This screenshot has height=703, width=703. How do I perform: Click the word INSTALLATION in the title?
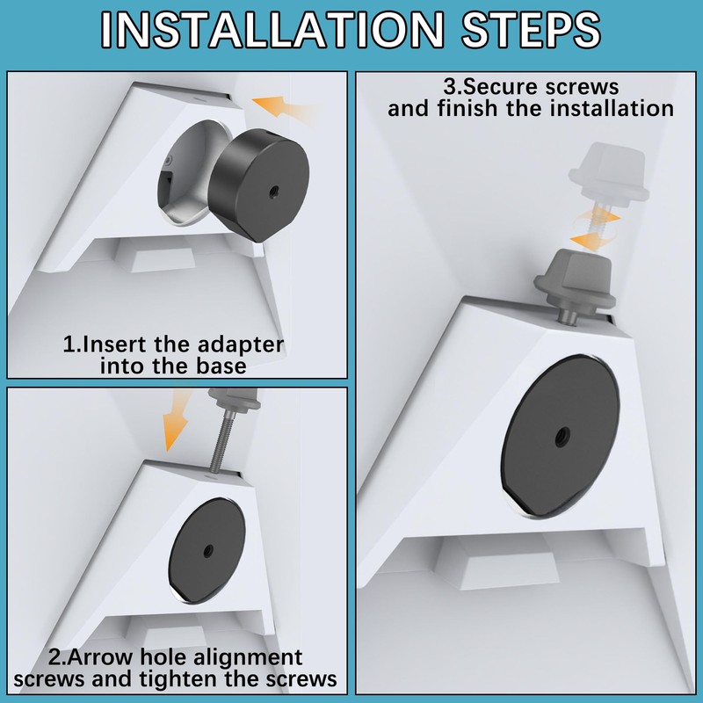tap(272, 30)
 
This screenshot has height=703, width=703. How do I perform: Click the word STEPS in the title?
tap(532, 30)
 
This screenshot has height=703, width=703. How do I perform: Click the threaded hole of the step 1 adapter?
tap(272, 191)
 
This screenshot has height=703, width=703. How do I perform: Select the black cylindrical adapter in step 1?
tap(258, 185)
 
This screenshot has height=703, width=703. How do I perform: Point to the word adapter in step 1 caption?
tap(241, 345)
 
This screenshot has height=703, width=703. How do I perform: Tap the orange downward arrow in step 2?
tap(177, 420)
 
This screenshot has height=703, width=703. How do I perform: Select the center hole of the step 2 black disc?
tap(207, 551)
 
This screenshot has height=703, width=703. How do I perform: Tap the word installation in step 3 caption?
tap(612, 109)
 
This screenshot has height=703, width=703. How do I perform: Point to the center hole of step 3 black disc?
tap(561, 436)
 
